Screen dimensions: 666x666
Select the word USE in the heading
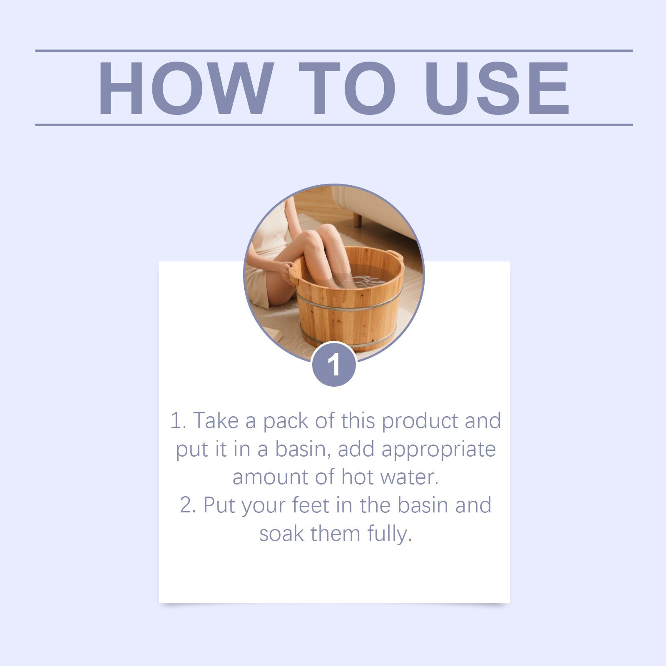point(497,88)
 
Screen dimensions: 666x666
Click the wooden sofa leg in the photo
point(358,219)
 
